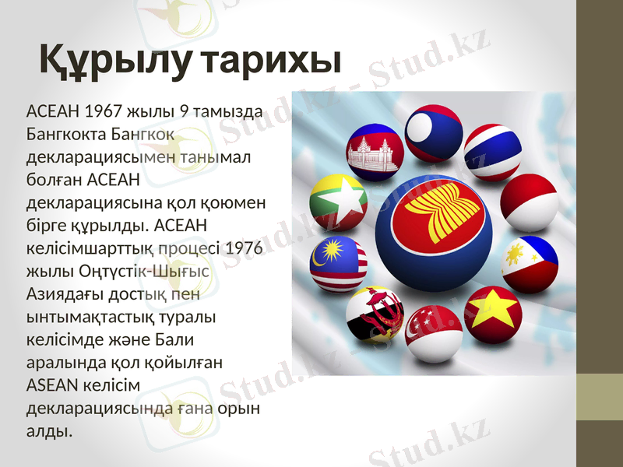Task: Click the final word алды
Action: (x=49, y=430)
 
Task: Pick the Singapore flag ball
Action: (x=434, y=333)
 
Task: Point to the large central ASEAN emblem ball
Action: (x=433, y=231)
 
